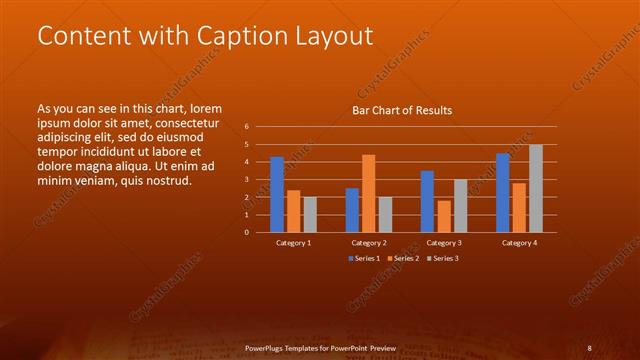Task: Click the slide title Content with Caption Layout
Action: (x=205, y=36)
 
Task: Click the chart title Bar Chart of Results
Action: (x=402, y=110)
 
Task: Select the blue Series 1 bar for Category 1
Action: (x=277, y=194)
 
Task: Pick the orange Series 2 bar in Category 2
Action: (x=368, y=193)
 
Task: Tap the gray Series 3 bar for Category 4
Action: (x=536, y=188)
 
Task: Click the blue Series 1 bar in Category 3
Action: (x=427, y=201)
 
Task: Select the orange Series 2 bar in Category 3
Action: (x=444, y=216)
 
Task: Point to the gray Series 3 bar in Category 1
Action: (x=310, y=214)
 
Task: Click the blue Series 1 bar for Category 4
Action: (x=503, y=192)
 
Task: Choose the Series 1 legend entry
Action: (x=362, y=258)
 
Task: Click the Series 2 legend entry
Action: (x=402, y=258)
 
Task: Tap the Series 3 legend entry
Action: (x=442, y=258)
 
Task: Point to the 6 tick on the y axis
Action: (x=246, y=127)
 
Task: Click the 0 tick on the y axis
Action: (x=246, y=232)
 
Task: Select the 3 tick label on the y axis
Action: (x=246, y=180)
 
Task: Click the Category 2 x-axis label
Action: (x=369, y=243)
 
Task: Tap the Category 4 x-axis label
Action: (x=519, y=243)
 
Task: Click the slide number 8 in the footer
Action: (x=589, y=347)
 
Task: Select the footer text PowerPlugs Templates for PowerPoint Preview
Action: (x=320, y=347)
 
